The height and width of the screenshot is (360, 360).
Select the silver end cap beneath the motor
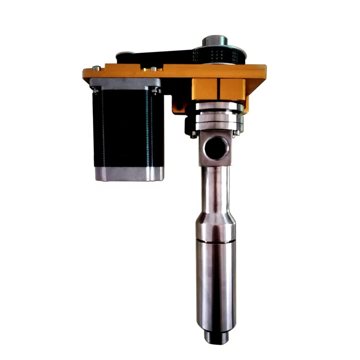[129, 174]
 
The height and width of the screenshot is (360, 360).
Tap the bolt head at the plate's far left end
[95, 68]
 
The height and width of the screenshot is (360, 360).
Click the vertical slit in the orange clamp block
[219, 90]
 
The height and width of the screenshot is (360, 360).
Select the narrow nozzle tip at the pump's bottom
[215, 338]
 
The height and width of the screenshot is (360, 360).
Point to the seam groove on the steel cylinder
[215, 241]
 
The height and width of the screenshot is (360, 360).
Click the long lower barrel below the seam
[215, 284]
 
